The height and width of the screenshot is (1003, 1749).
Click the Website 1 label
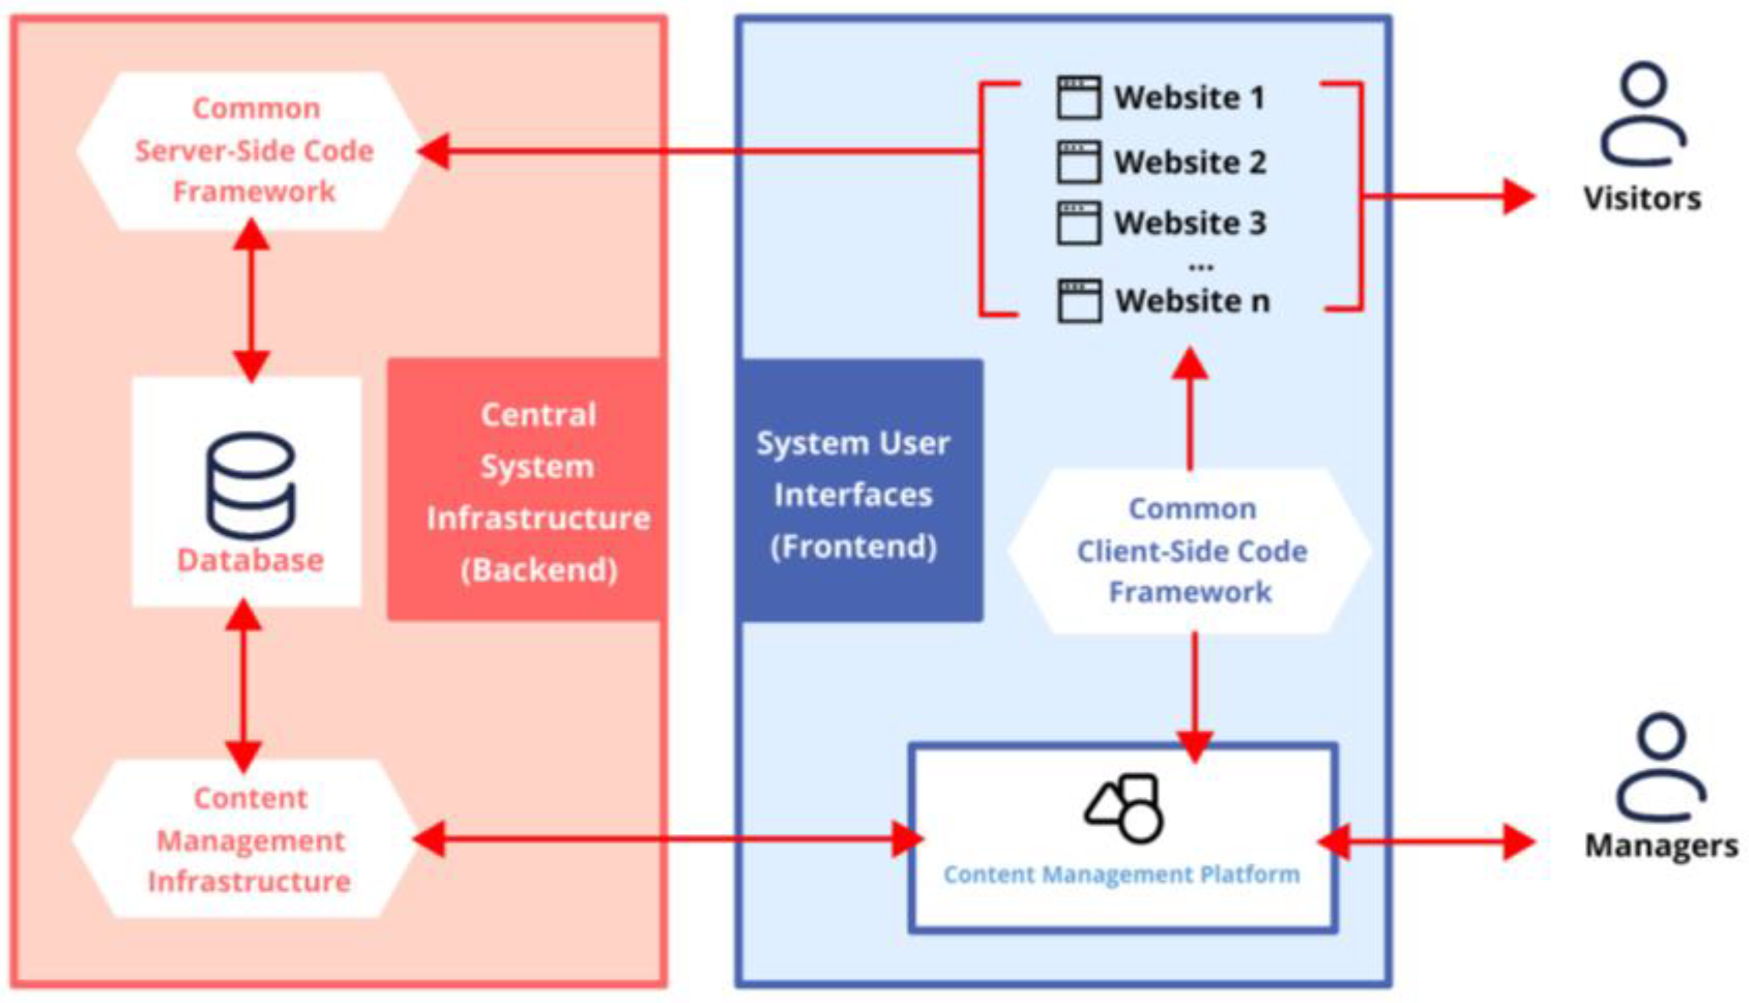(1189, 97)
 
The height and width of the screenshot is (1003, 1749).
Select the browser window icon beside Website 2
(1078, 162)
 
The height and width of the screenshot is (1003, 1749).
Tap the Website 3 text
(1190, 223)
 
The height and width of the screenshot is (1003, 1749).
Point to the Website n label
(1192, 301)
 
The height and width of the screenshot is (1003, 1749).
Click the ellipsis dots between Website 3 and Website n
(1201, 266)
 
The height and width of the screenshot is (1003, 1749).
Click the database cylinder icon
(250, 485)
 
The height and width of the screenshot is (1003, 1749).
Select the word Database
(250, 560)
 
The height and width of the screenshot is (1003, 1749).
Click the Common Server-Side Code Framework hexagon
(252, 150)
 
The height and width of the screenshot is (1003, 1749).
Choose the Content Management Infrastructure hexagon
(248, 839)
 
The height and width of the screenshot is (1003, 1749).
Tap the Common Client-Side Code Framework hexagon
(1191, 550)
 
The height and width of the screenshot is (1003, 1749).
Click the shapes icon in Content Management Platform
(1124, 807)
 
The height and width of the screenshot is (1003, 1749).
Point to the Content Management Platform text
(1121, 874)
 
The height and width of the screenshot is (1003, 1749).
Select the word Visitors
(1642, 199)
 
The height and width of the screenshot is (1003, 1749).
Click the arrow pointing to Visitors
(1448, 196)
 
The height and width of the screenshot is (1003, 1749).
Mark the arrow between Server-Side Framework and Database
(251, 300)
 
